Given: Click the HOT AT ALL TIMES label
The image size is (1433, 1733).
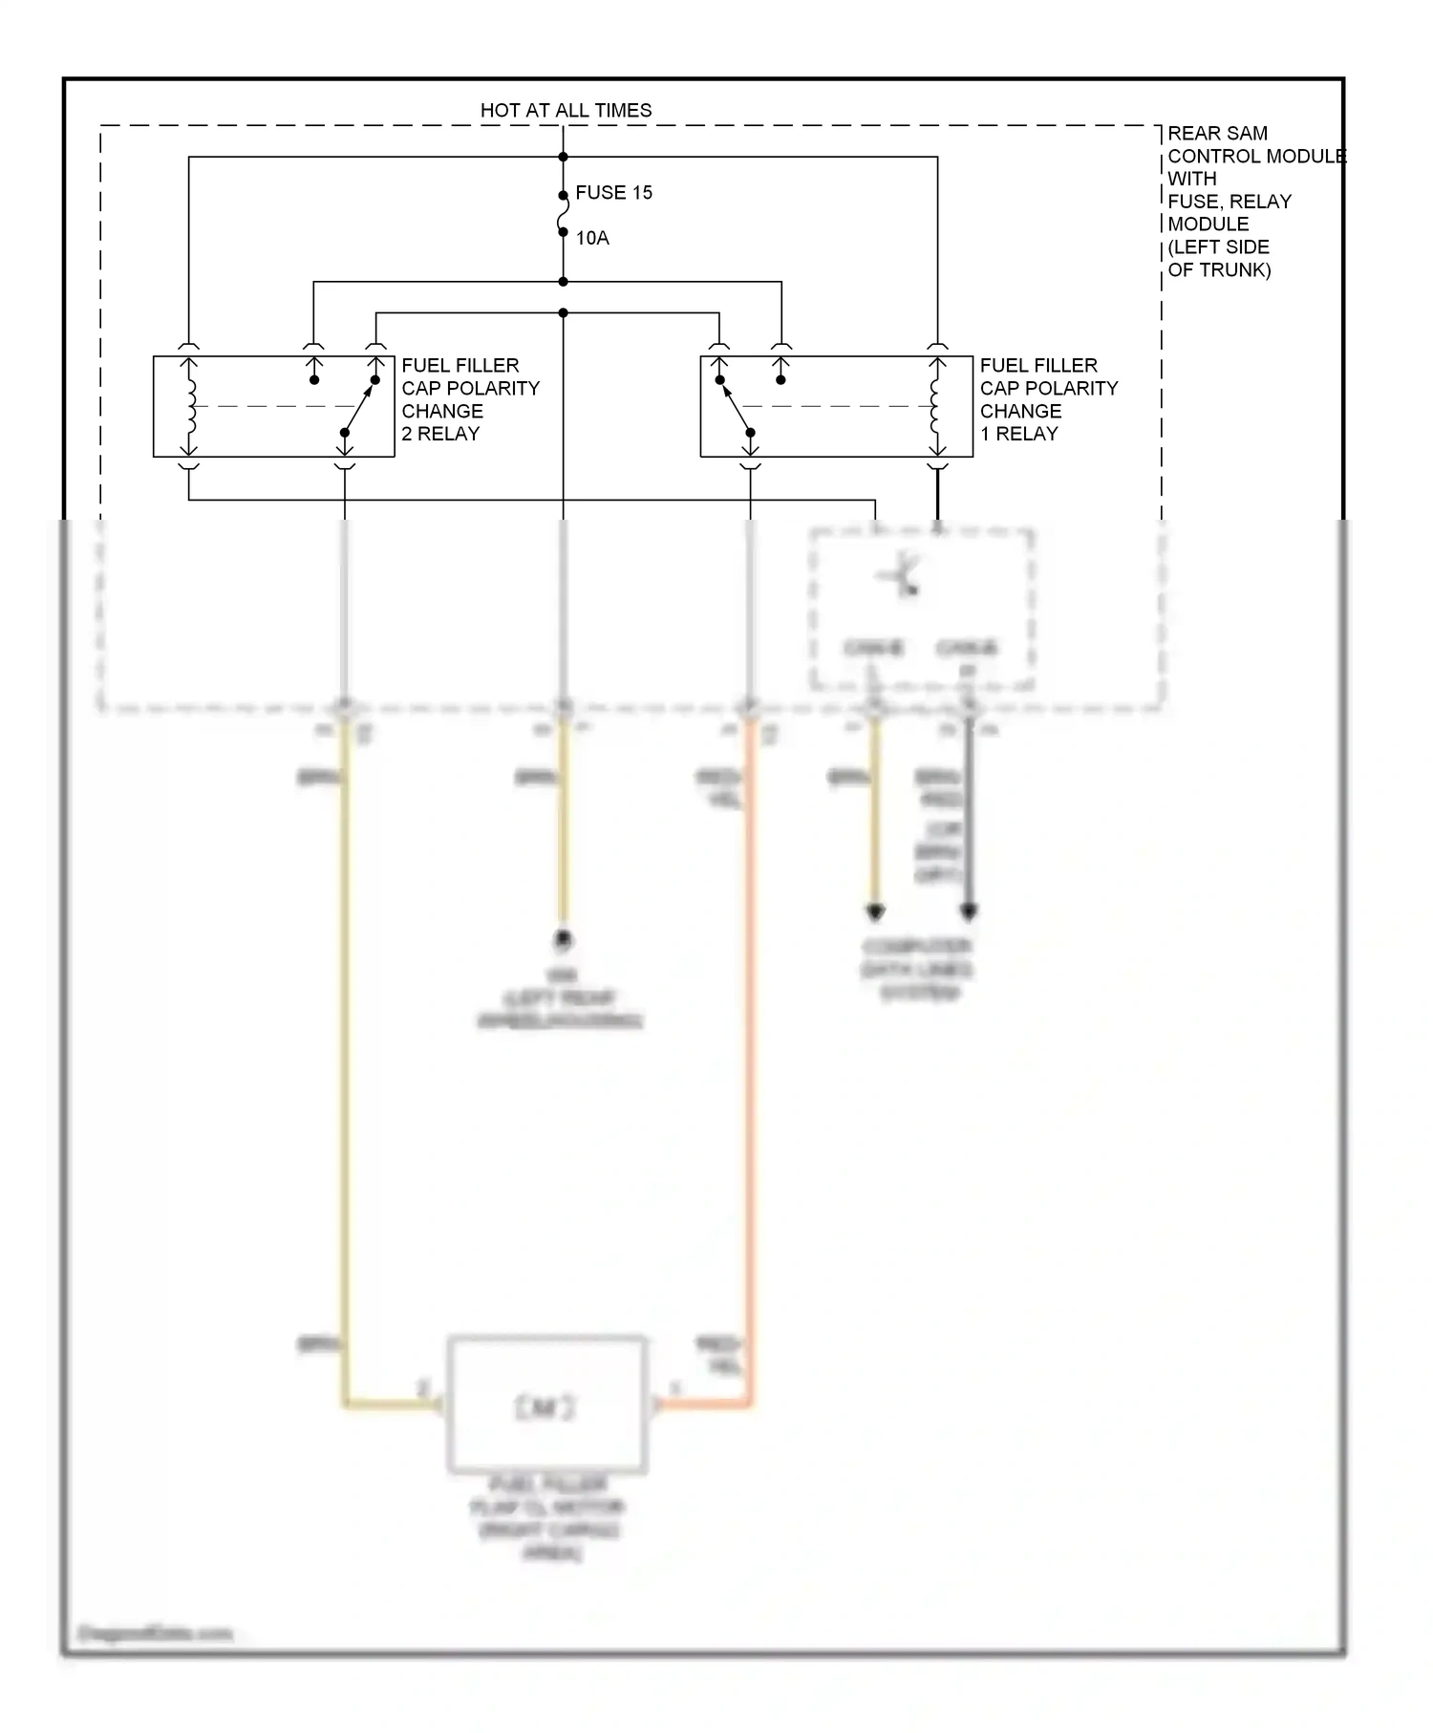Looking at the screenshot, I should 566,111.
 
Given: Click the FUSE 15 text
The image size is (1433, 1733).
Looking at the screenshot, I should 613,193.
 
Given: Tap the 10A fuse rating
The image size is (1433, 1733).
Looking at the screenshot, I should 592,238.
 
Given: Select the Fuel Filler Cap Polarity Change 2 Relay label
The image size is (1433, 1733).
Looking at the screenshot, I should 469,399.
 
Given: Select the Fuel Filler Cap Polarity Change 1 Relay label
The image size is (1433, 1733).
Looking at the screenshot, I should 1048,399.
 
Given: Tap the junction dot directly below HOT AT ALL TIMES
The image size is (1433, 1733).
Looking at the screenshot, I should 564,157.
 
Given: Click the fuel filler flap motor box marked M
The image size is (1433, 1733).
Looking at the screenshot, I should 546,1405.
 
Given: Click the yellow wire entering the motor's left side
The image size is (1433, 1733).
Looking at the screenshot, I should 387,1403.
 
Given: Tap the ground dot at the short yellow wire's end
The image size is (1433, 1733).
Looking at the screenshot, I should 564,940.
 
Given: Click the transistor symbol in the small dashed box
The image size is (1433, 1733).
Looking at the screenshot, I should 902,577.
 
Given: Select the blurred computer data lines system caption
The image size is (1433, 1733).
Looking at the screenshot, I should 917,969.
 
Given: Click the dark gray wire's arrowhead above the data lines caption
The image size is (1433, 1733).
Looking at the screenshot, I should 969,911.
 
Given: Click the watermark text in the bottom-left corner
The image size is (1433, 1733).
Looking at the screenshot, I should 155,1634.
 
